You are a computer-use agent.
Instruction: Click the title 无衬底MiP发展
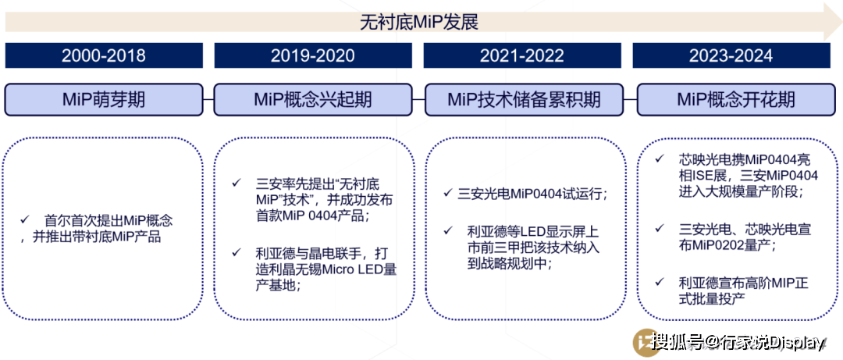pyautogui.click(x=419, y=23)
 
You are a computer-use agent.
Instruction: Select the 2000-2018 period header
pyautogui.click(x=104, y=55)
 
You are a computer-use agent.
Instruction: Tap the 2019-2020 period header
pyautogui.click(x=313, y=55)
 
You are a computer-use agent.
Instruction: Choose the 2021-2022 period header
pyautogui.click(x=522, y=55)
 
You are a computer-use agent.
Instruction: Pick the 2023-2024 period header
pyautogui.click(x=731, y=55)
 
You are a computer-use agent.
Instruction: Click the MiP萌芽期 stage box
pyautogui.click(x=104, y=99)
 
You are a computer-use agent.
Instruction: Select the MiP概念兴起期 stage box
pyautogui.click(x=313, y=99)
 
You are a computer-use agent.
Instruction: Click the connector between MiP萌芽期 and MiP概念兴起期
pyautogui.click(x=208, y=99)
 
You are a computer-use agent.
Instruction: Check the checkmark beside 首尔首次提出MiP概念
pyautogui.click(x=24, y=219)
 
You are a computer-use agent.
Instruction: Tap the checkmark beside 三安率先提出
pyautogui.click(x=236, y=183)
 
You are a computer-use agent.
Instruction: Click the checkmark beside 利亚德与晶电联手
pyautogui.click(x=236, y=251)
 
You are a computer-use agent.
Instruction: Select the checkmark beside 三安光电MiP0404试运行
pyautogui.click(x=448, y=193)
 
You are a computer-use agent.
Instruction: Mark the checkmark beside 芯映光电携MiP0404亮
pyautogui.click(x=660, y=159)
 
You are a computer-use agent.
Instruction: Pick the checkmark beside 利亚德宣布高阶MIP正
pyautogui.click(x=660, y=281)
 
